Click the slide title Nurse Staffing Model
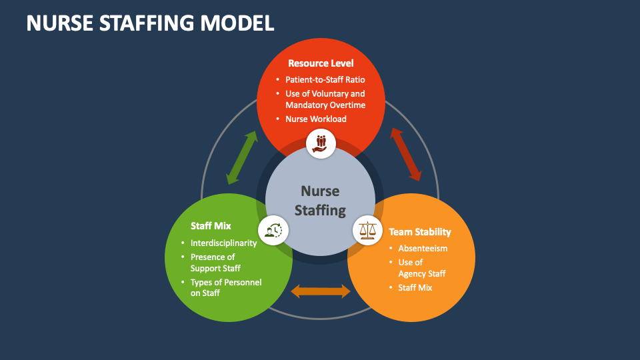tap(150, 23)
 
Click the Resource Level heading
tap(321, 63)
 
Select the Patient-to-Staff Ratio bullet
tap(325, 80)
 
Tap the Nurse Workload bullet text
tap(316, 119)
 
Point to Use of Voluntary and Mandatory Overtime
tap(325, 99)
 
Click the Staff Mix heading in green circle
tap(211, 226)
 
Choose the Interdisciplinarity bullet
tap(223, 243)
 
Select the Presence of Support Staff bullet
tap(215, 263)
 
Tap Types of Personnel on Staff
tap(225, 287)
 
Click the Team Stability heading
tap(420, 232)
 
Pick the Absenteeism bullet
tap(423, 248)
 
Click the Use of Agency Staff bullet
tap(421, 268)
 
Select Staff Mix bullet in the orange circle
tap(415, 287)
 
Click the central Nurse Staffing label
tap(320, 201)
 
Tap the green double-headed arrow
tap(241, 157)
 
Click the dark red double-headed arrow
tap(406, 155)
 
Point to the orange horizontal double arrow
tap(321, 291)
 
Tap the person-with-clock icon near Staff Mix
tap(273, 230)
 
